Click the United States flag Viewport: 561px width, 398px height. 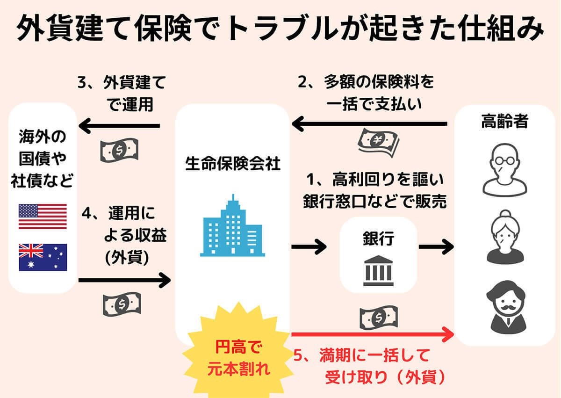(43, 216)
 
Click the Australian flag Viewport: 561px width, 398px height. (43, 257)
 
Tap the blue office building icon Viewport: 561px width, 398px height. (232, 226)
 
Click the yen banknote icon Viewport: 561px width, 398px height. (378, 142)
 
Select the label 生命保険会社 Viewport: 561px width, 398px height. (232, 164)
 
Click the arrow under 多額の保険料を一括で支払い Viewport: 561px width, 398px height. (369, 124)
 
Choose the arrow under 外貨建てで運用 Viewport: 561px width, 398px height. (119, 126)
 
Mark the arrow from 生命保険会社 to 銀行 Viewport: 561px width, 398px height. (309, 246)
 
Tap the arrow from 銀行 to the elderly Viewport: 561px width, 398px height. (436, 246)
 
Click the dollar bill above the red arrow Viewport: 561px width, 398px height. (378, 318)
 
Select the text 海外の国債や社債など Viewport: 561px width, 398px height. (43, 159)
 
